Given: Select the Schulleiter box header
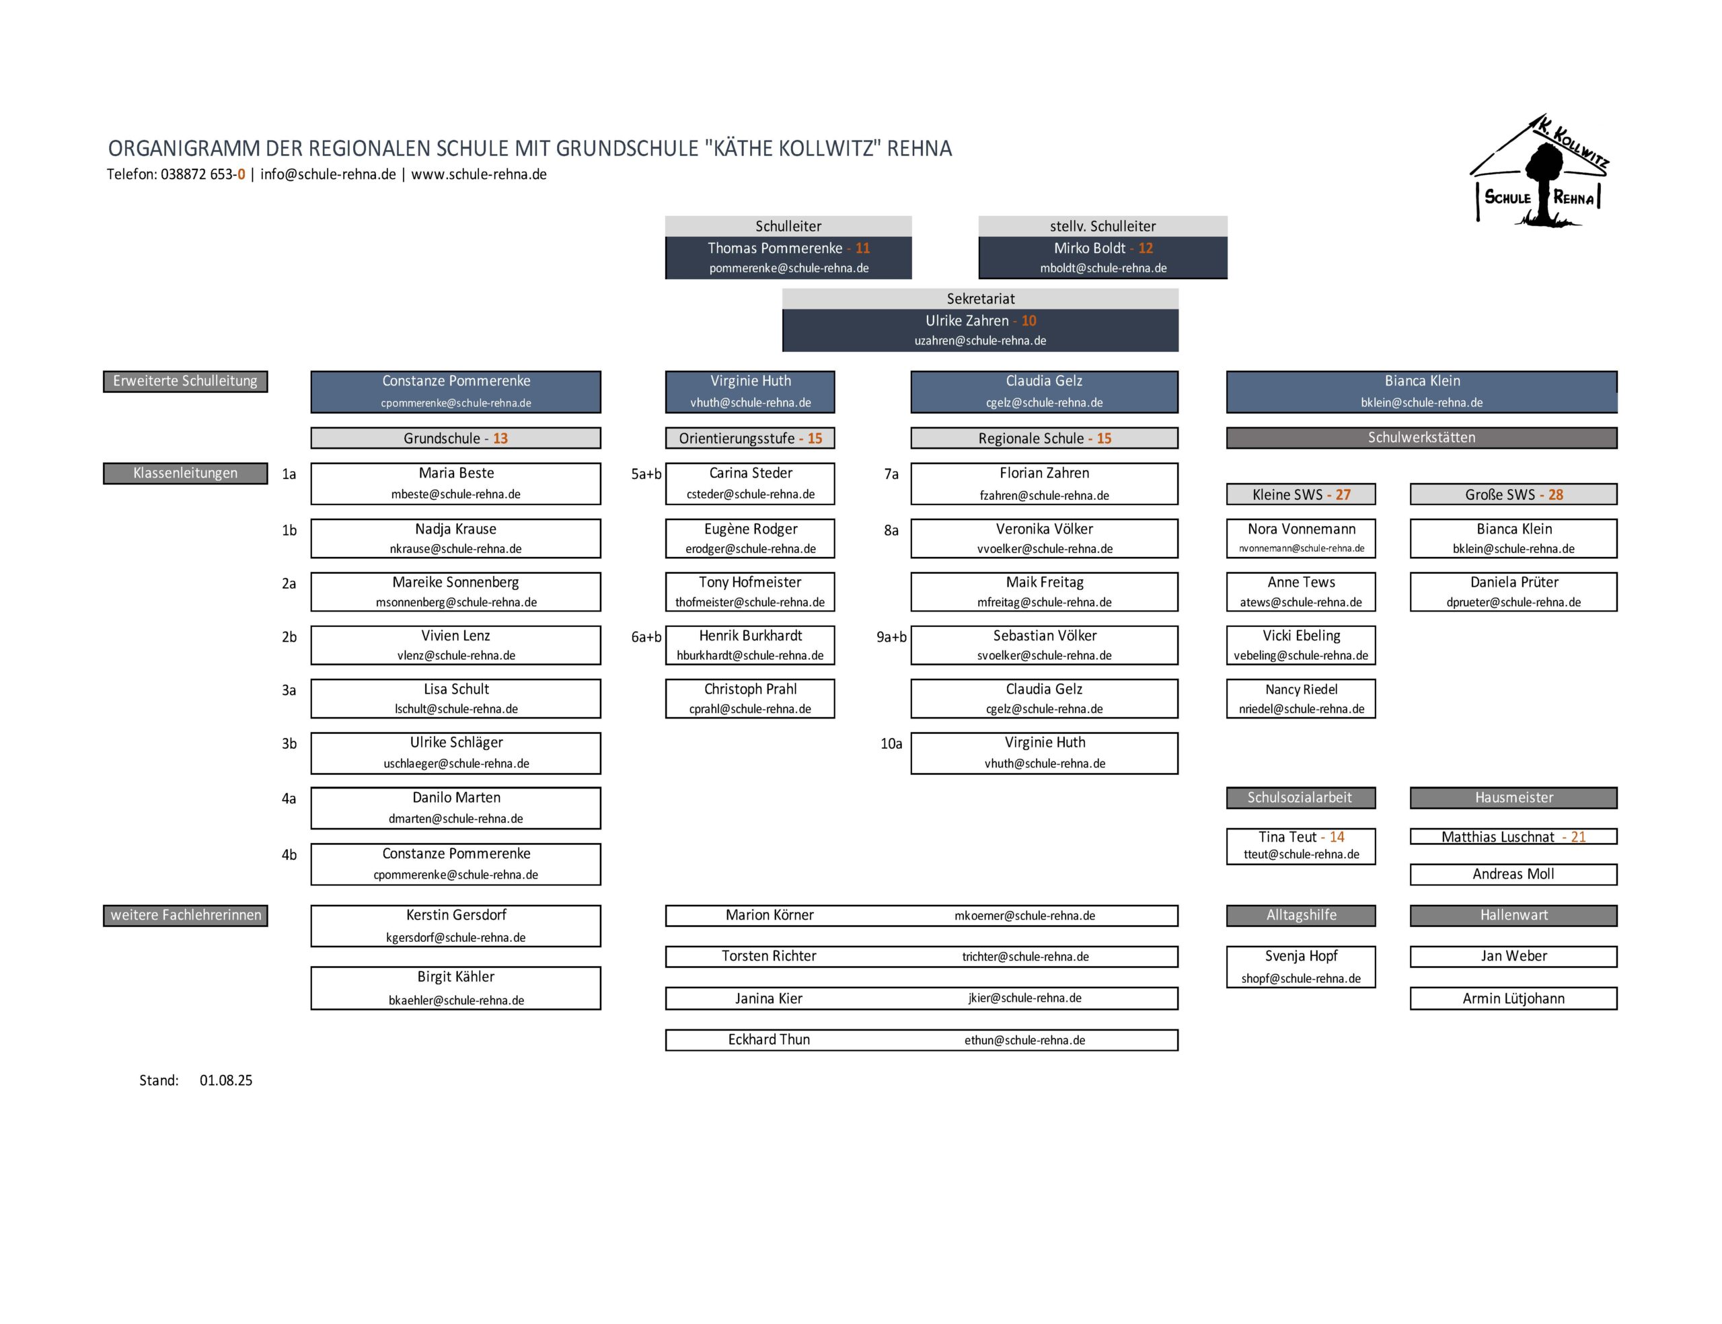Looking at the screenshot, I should click(788, 226).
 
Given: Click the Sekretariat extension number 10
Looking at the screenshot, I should click(1028, 321).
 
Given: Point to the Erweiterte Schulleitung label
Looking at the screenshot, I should click(185, 381).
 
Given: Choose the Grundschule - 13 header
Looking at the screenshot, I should click(455, 438).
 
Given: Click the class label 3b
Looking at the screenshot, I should click(289, 743).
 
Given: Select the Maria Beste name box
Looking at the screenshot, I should click(455, 482).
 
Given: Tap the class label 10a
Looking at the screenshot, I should click(891, 743).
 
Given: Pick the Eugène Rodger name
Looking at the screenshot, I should click(750, 529).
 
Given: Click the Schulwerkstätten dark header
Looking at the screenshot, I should click(1421, 437).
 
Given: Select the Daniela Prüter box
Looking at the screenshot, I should click(1513, 591).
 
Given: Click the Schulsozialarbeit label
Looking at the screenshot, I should click(1300, 797).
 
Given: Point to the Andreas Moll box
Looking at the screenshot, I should click(1513, 874).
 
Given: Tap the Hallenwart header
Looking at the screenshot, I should click(1513, 915).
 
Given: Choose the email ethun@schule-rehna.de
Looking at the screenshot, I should click(1024, 1040).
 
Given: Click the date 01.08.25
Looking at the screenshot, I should click(226, 1080).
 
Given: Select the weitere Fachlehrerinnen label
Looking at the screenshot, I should click(185, 915).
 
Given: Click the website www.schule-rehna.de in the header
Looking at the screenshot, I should click(478, 175).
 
